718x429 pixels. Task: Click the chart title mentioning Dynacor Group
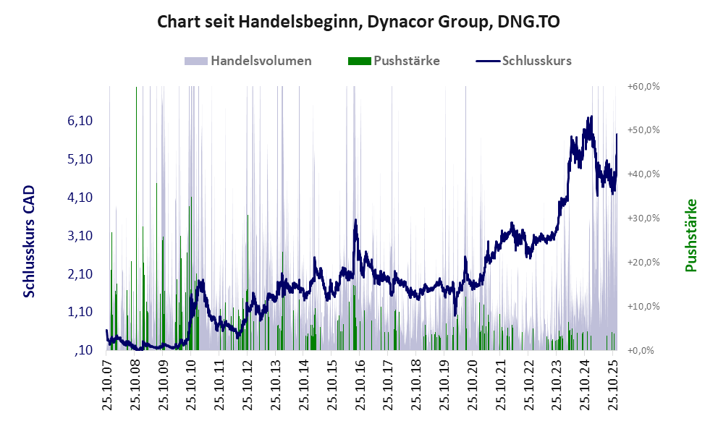(358, 22)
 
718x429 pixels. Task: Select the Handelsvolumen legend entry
(261, 61)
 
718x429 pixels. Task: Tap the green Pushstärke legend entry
(406, 61)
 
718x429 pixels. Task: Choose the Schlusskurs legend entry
(536, 61)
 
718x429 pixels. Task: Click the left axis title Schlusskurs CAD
(30, 242)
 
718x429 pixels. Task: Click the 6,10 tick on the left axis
(79, 121)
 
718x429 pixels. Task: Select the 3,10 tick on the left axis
(79, 236)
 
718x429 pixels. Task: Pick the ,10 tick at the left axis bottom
(83, 351)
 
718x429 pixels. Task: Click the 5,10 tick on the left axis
(79, 159)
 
